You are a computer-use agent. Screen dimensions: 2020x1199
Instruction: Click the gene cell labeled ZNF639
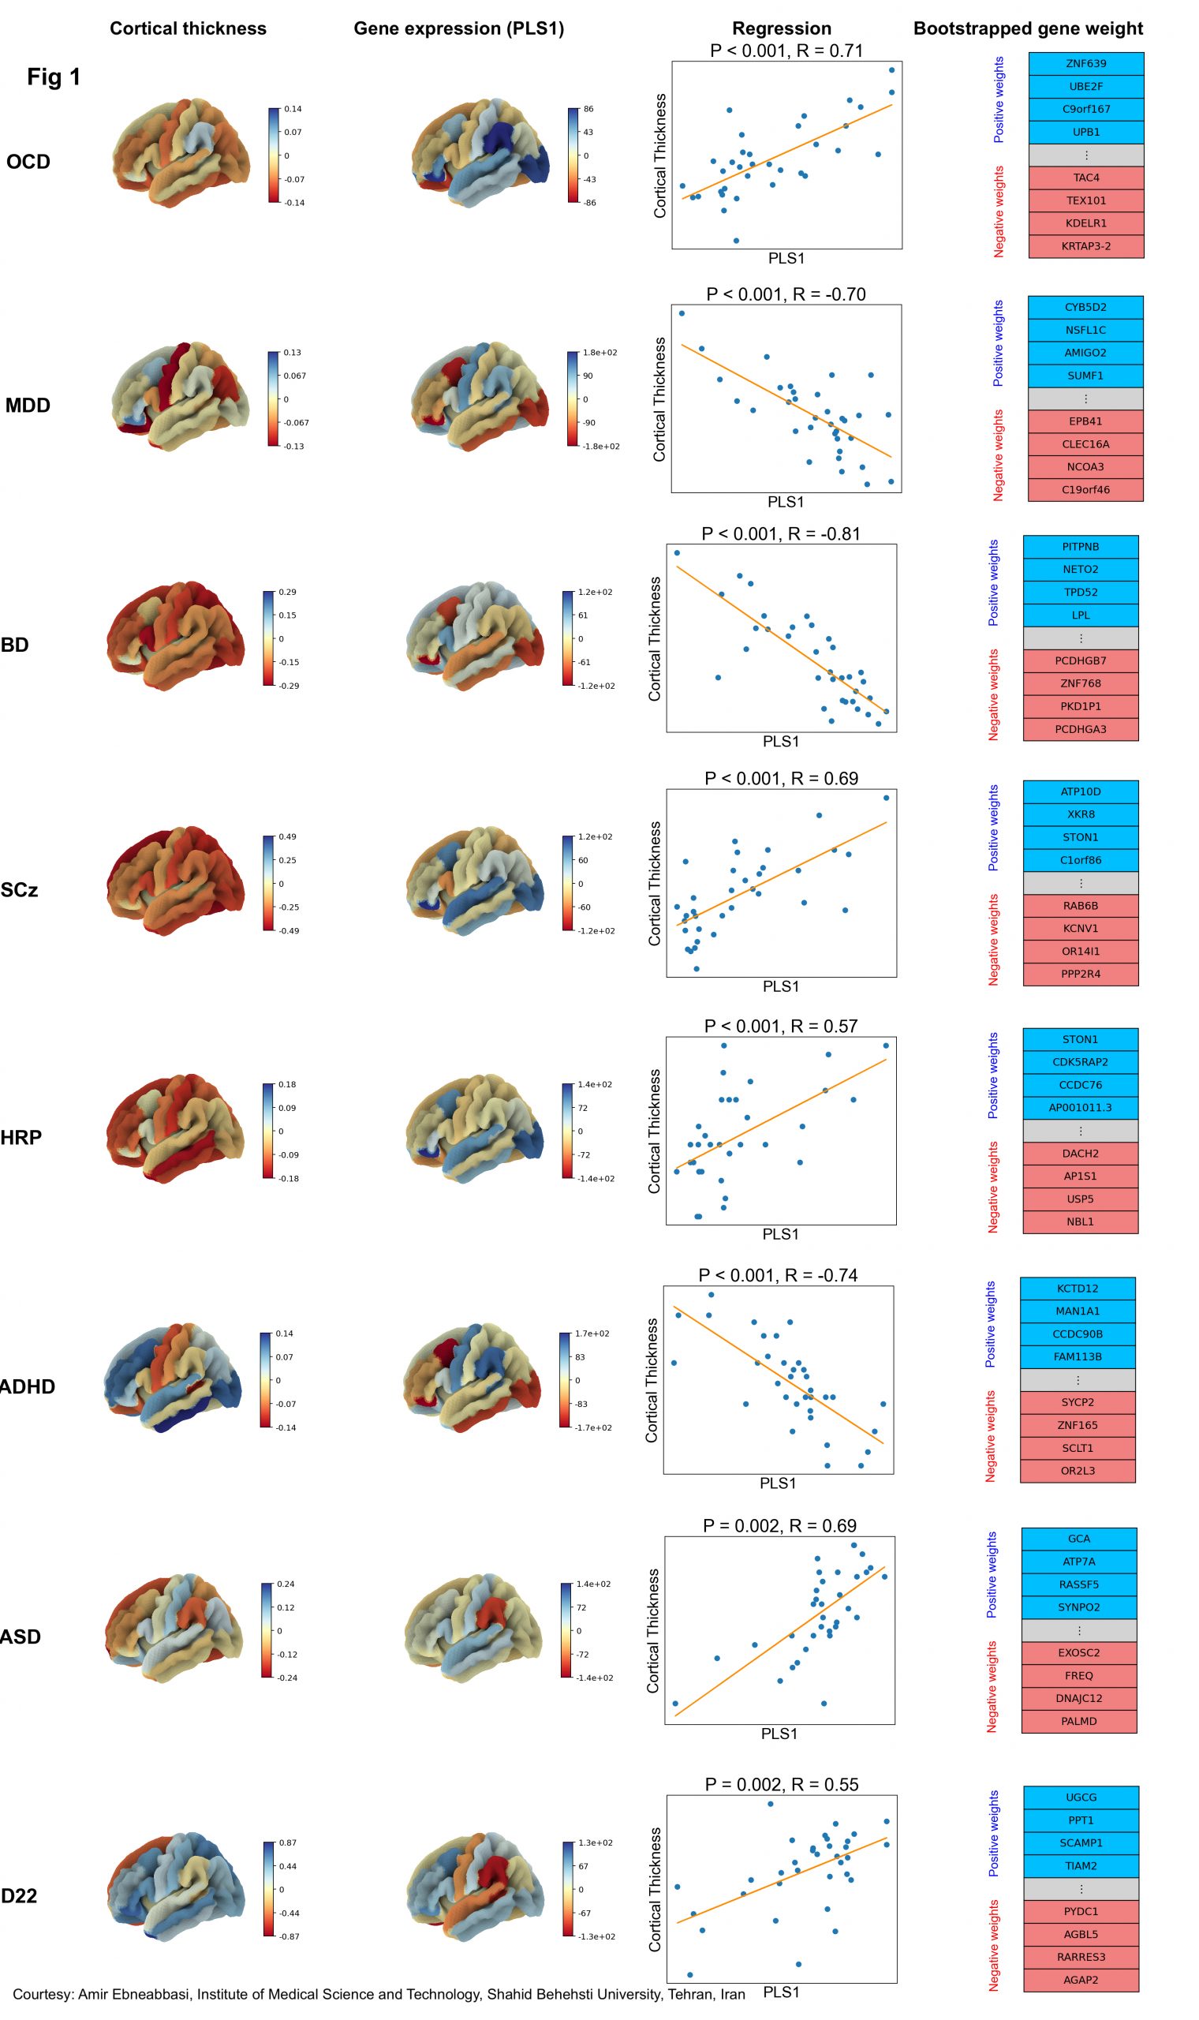point(1085,64)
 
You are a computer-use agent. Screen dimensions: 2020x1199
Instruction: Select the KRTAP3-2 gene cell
point(1085,246)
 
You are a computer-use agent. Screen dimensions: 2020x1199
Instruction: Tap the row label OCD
point(28,162)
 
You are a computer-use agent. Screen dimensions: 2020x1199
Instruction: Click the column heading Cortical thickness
point(189,28)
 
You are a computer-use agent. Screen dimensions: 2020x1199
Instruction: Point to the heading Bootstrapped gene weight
point(1028,28)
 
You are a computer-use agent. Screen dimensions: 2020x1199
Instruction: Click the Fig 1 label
point(54,77)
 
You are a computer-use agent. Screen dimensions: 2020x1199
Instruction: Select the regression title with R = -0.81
point(780,534)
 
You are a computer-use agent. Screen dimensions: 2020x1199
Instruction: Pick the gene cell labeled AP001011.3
point(1080,1108)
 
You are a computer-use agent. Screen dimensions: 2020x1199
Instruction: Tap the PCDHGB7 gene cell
point(1080,661)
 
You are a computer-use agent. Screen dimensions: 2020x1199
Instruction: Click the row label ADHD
point(28,1386)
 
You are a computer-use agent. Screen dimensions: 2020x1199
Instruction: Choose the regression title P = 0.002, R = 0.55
point(781,1784)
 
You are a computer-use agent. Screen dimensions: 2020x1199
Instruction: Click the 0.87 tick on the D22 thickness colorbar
point(288,1843)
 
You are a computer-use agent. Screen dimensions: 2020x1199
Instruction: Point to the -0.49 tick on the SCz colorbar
point(289,931)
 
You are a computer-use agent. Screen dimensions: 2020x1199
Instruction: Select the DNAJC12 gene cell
point(1078,1698)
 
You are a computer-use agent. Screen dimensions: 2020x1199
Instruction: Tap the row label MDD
point(28,406)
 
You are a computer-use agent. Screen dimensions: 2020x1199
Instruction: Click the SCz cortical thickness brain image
point(174,880)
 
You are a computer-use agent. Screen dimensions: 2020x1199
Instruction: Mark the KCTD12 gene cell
point(1077,1289)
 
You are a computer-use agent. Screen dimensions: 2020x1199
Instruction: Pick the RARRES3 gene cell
point(1081,1957)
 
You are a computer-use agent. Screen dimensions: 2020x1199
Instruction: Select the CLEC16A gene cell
point(1085,444)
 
